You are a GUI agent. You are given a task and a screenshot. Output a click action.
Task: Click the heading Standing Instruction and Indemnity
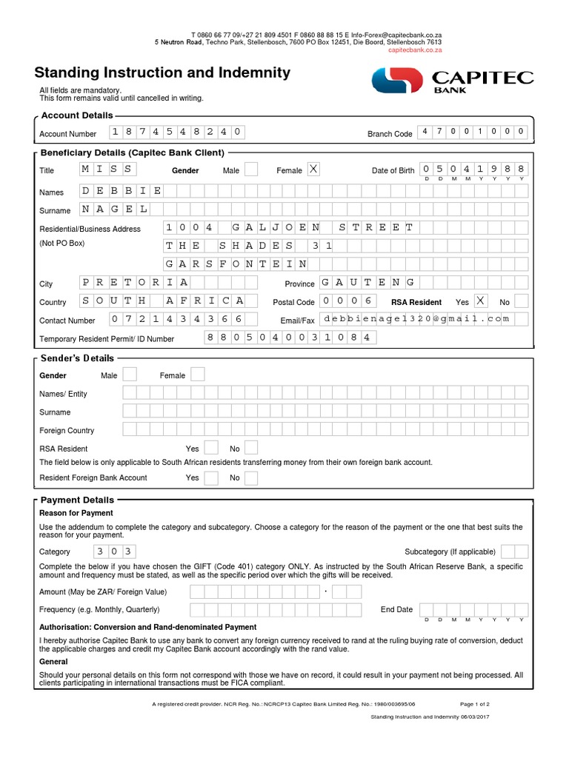tap(162, 73)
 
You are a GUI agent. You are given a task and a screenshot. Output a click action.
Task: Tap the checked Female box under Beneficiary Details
tap(313, 170)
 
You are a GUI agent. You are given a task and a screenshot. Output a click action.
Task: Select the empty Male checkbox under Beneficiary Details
tap(251, 170)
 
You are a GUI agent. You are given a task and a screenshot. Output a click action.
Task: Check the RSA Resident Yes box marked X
tap(481, 301)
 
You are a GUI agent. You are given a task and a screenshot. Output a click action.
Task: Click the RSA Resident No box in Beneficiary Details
tap(522, 301)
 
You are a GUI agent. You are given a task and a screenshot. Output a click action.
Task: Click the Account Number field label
tap(67, 134)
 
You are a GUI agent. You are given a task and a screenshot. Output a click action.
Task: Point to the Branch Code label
tap(390, 134)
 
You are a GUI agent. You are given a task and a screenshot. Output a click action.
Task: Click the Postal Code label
tap(293, 302)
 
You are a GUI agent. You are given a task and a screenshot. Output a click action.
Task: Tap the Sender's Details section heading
tap(78, 358)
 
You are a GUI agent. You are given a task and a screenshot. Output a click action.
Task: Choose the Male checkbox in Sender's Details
tap(130, 375)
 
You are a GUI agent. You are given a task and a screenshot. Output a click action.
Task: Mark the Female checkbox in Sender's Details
tap(197, 375)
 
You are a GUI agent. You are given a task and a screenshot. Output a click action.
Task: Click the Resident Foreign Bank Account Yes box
tap(211, 477)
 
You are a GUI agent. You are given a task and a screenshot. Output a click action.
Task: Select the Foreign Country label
tap(67, 430)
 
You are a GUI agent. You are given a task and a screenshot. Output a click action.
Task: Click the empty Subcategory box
tap(514, 551)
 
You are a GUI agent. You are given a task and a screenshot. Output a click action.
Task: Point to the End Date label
tap(396, 609)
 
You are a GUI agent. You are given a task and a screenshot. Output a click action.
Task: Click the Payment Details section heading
tap(77, 500)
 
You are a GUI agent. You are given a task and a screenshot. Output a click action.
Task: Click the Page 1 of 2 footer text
tap(475, 704)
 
